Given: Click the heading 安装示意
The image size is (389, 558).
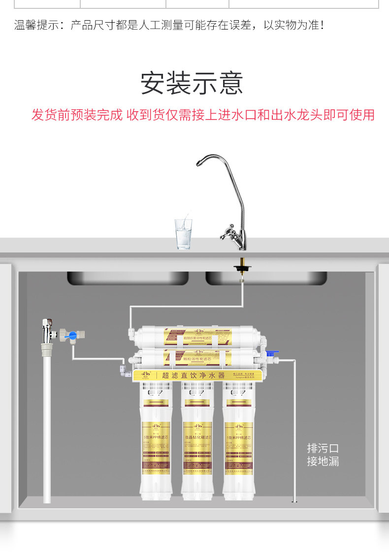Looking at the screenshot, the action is (x=192, y=83).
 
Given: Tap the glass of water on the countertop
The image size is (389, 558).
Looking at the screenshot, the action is (x=183, y=234).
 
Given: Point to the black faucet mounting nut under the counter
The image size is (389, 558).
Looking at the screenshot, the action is (x=241, y=268).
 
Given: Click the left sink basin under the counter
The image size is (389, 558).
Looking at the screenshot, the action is (x=128, y=278).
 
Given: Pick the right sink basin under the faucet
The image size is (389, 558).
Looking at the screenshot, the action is (x=266, y=278).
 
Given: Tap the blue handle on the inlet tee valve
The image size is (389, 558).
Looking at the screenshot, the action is (x=72, y=336).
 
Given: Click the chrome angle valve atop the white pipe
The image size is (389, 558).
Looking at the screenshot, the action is (x=47, y=332).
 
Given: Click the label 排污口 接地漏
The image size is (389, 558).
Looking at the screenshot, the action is (x=323, y=455).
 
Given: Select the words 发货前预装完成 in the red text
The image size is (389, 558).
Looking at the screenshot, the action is (x=77, y=115).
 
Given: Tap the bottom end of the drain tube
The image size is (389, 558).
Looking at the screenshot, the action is (x=294, y=501).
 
